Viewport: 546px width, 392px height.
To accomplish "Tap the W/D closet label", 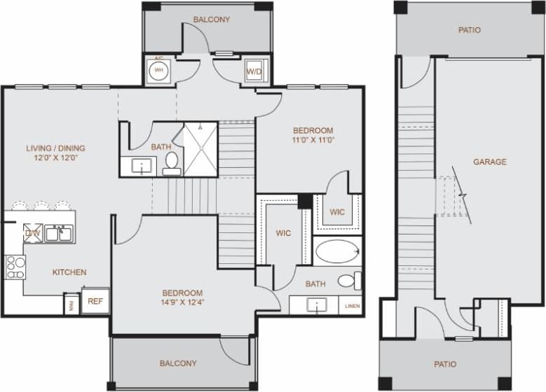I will point(253,71).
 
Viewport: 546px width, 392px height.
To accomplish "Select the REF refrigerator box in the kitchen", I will point(95,301).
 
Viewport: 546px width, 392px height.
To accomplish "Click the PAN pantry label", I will point(71,304).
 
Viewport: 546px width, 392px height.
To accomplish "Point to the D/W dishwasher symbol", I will point(33,233).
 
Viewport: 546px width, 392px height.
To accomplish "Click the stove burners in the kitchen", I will point(15,267).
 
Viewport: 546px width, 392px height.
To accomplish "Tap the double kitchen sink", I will point(59,234).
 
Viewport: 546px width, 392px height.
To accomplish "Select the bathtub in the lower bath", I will point(336,251).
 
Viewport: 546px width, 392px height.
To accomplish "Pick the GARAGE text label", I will point(489,162).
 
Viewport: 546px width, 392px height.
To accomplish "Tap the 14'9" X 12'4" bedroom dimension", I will point(182,303).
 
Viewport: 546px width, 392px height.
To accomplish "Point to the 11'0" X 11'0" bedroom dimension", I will point(313,140).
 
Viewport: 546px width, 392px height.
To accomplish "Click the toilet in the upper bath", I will point(172,163).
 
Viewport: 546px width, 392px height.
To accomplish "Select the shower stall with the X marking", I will point(200,149).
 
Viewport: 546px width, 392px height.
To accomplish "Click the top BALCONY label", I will point(211,20).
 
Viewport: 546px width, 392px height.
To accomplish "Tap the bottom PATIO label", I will point(445,364).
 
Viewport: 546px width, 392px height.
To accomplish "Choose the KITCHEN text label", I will point(69,272).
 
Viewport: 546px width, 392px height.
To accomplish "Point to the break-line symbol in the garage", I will point(460,193).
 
